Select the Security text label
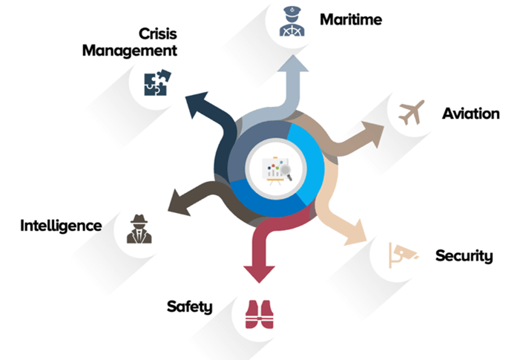[x=464, y=256]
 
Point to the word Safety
[x=190, y=306]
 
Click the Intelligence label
[x=61, y=225]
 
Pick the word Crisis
[x=157, y=33]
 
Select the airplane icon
[x=411, y=113]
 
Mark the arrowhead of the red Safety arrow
[x=255, y=272]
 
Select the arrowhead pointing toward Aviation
[x=374, y=132]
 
